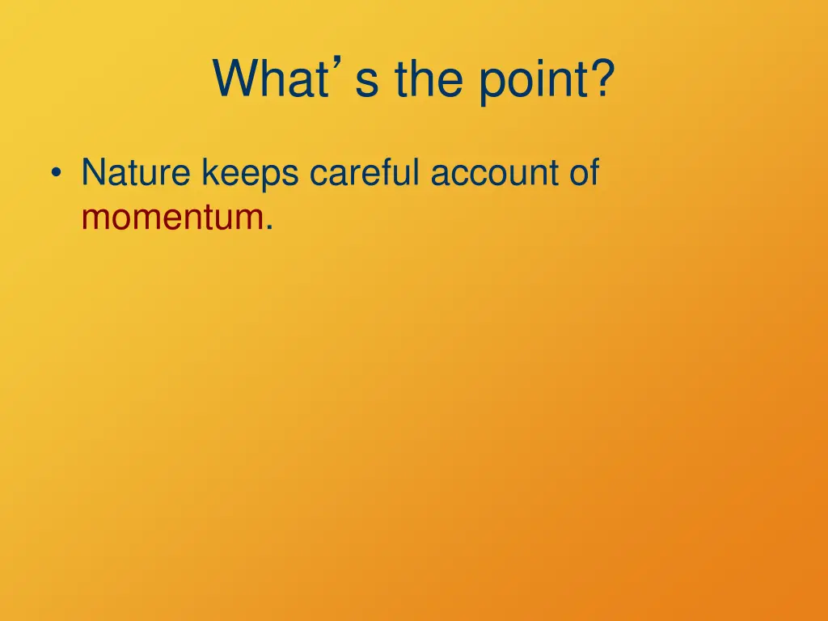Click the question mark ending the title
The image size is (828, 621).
point(599,79)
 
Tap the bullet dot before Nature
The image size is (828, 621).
point(56,175)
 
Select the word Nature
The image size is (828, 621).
point(136,174)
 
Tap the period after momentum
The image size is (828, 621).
point(268,227)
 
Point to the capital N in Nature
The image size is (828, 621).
point(92,174)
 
